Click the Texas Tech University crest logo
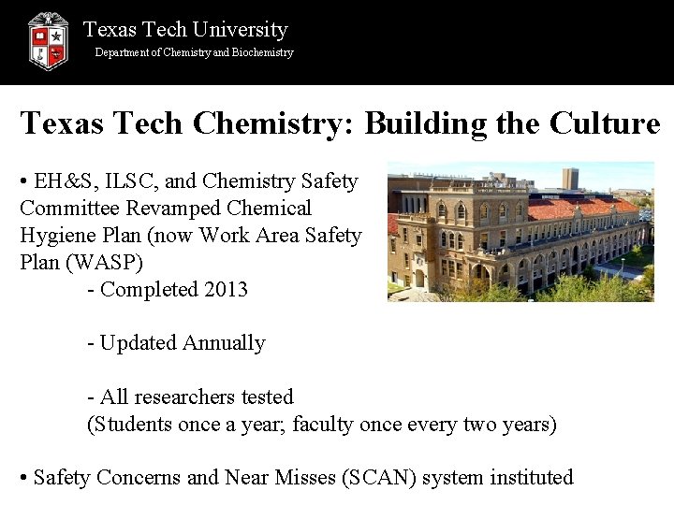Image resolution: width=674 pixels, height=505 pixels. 48,41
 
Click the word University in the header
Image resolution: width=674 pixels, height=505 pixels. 239,30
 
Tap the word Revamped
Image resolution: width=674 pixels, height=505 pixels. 175,209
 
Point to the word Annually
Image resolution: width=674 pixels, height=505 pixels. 224,343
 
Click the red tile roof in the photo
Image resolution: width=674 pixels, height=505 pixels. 580,207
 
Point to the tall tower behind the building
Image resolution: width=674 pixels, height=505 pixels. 569,178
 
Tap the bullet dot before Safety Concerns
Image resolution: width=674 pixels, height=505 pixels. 23,478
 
